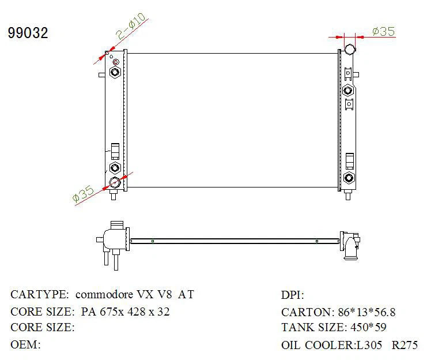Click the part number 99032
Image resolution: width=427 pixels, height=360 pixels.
tap(28, 33)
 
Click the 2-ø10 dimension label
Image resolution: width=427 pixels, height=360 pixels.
tap(130, 26)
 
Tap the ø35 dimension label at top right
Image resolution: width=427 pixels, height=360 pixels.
tap(383, 31)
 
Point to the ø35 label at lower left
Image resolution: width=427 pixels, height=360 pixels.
tap(84, 194)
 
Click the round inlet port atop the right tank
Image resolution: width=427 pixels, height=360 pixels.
tap(350, 50)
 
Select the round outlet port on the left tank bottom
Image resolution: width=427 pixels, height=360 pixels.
tap(115, 182)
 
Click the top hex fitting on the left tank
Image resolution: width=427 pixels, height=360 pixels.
tap(115, 72)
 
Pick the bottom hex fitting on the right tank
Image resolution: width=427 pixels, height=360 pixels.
tap(349, 178)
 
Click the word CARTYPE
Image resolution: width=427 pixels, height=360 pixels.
tap(40, 294)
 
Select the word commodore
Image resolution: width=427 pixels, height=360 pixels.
tap(104, 295)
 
